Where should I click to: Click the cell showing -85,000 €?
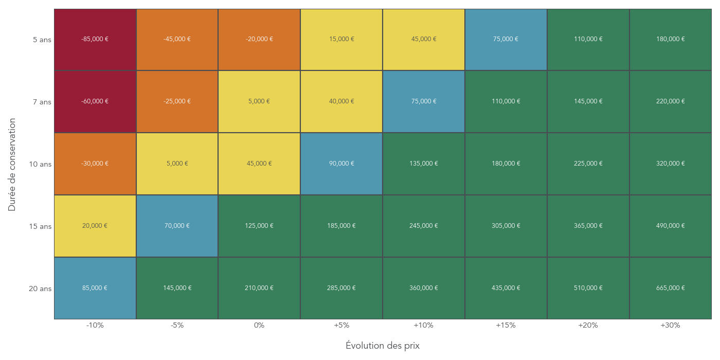(95, 40)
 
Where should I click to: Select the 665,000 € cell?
(671, 288)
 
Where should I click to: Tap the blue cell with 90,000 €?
(341, 164)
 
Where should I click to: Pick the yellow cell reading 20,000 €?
(95, 226)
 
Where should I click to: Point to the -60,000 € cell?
(95, 101)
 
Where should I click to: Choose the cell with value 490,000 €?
(671, 226)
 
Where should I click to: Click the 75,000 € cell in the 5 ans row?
(506, 40)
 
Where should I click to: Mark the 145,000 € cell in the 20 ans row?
(177, 288)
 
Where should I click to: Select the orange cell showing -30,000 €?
(95, 164)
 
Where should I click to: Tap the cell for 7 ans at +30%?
(671, 101)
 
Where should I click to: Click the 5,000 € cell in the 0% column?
(259, 101)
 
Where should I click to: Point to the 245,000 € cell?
(424, 226)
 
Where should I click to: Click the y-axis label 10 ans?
(40, 165)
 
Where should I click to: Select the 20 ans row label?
(40, 289)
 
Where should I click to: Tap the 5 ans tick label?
(42, 40)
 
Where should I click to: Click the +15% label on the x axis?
(506, 326)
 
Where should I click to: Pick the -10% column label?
(95, 326)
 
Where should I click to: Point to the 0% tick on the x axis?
(259, 326)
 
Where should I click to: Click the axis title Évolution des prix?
(383, 346)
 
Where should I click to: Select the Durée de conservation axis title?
(12, 165)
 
